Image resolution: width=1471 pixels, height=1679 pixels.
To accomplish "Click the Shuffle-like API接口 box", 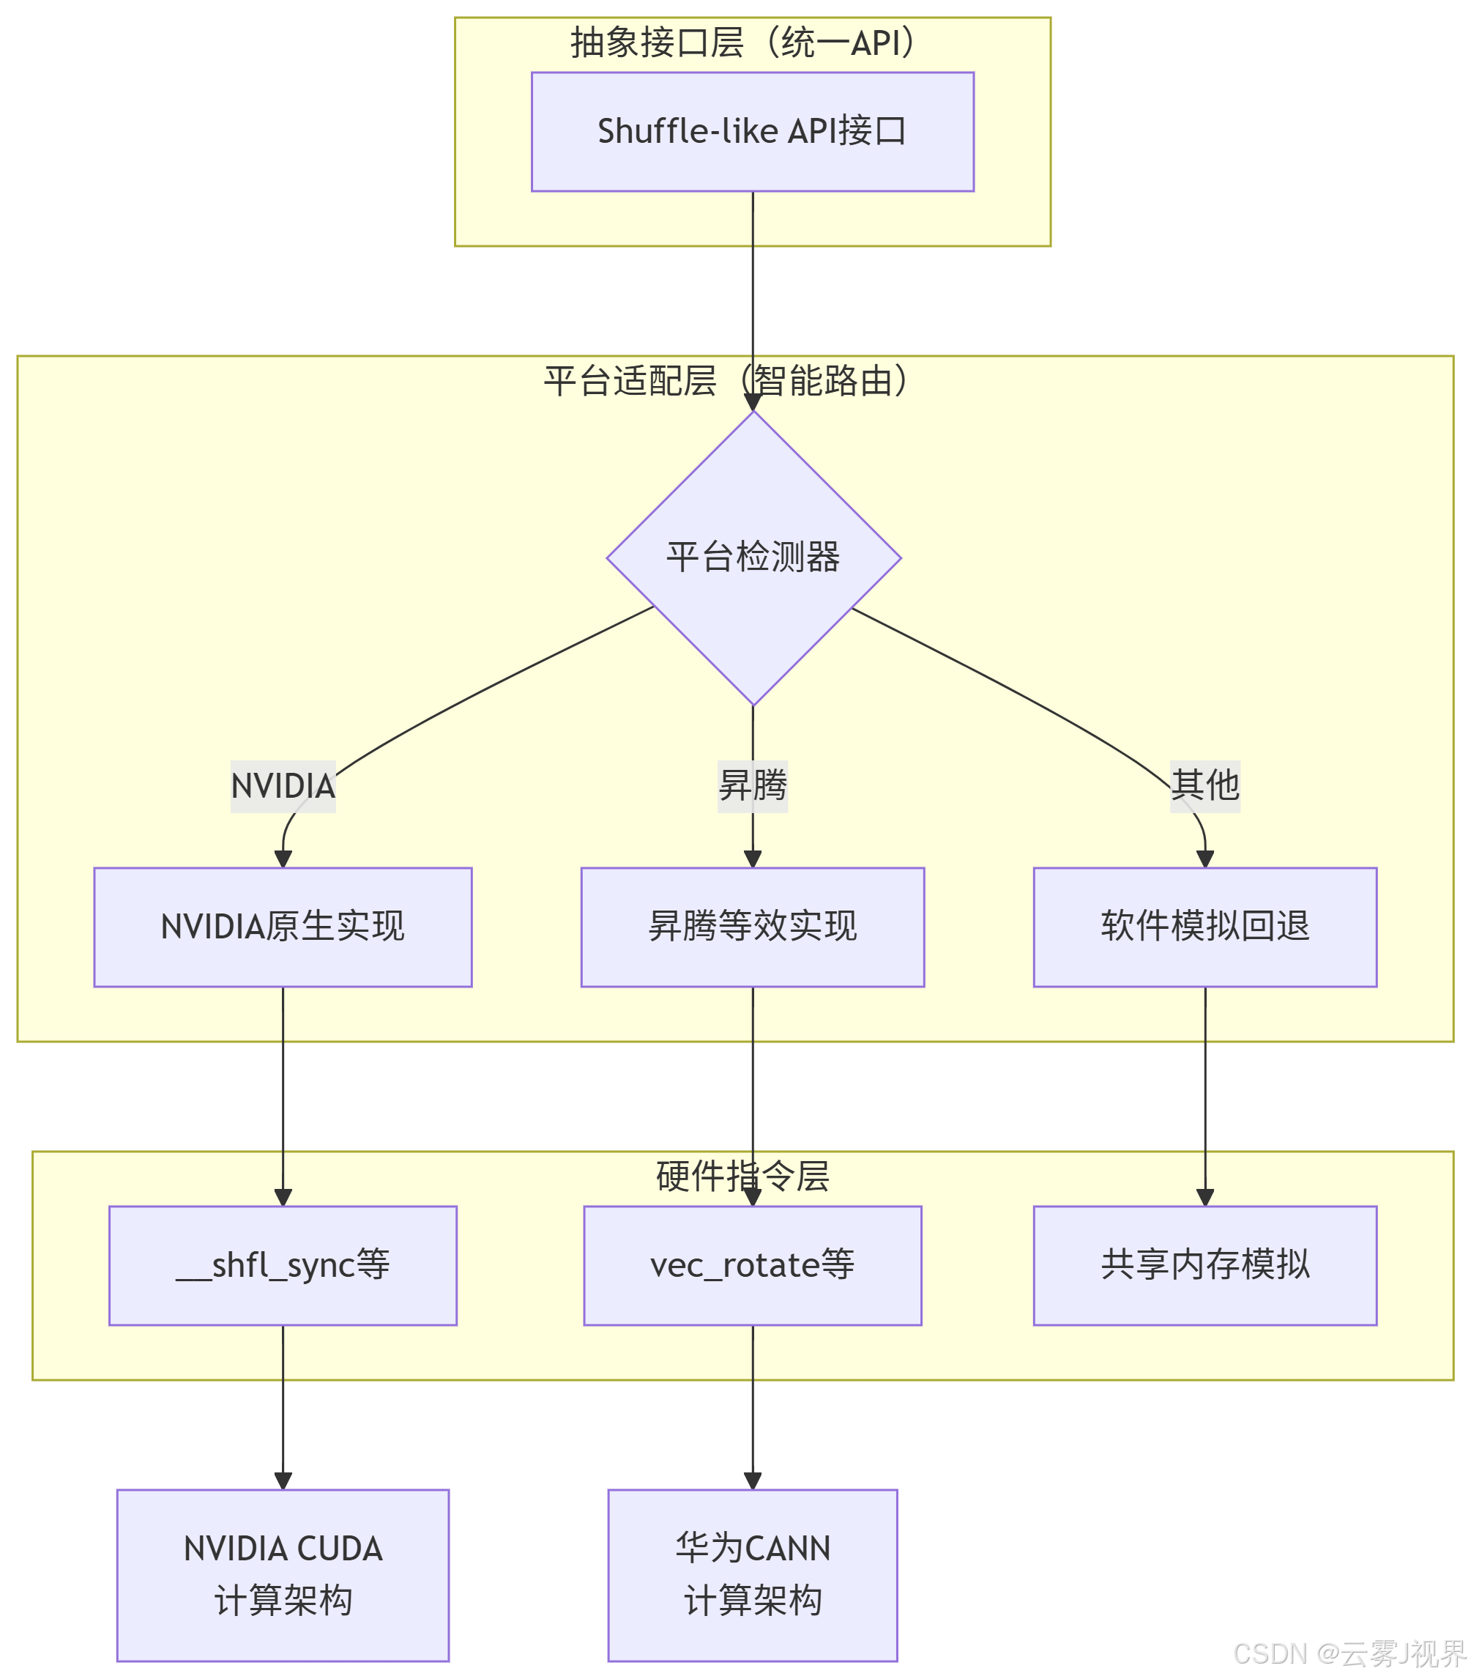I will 752,131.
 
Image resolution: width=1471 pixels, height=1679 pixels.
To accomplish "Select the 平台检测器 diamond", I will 753,557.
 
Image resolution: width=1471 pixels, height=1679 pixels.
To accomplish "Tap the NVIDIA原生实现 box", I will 283,927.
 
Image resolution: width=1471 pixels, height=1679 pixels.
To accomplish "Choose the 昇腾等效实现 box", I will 752,927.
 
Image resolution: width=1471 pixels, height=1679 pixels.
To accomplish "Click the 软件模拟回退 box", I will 1204,927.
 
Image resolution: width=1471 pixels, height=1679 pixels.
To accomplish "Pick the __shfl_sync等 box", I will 283,1265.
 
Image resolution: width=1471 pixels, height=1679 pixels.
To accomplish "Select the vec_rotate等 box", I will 752,1265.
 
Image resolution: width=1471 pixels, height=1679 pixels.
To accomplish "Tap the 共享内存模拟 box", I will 1204,1265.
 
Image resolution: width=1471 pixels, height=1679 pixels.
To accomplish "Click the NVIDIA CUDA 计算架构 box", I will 283,1575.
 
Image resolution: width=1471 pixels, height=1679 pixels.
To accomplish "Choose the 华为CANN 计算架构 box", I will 752,1575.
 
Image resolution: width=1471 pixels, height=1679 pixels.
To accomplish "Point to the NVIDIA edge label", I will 283,787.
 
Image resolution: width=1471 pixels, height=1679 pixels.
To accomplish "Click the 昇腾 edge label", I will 752,786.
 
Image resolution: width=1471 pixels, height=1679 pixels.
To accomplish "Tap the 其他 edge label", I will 1204,786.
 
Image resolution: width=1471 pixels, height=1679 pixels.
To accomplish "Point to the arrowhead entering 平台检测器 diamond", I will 753,402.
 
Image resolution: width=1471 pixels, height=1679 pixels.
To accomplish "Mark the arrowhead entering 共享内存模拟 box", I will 1204,1198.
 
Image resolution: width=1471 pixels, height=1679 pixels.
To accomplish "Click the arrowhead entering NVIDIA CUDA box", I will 283,1480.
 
